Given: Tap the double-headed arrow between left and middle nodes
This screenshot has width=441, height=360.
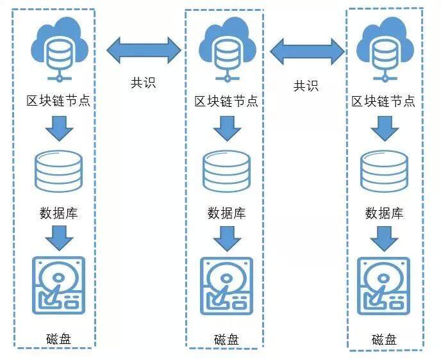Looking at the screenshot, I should [144, 50].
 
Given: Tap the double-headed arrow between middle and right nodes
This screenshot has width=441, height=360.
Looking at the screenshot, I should [307, 51].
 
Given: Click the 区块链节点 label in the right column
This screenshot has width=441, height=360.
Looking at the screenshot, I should [383, 101].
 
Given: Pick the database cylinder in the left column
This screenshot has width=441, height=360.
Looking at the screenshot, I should [59, 170].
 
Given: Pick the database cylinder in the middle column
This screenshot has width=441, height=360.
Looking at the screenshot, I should [226, 170].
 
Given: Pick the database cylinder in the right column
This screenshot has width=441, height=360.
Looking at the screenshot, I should [384, 170].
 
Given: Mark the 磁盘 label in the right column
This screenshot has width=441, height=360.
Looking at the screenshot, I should [383, 339].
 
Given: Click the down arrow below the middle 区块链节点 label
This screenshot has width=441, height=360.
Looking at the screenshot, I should [226, 129].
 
